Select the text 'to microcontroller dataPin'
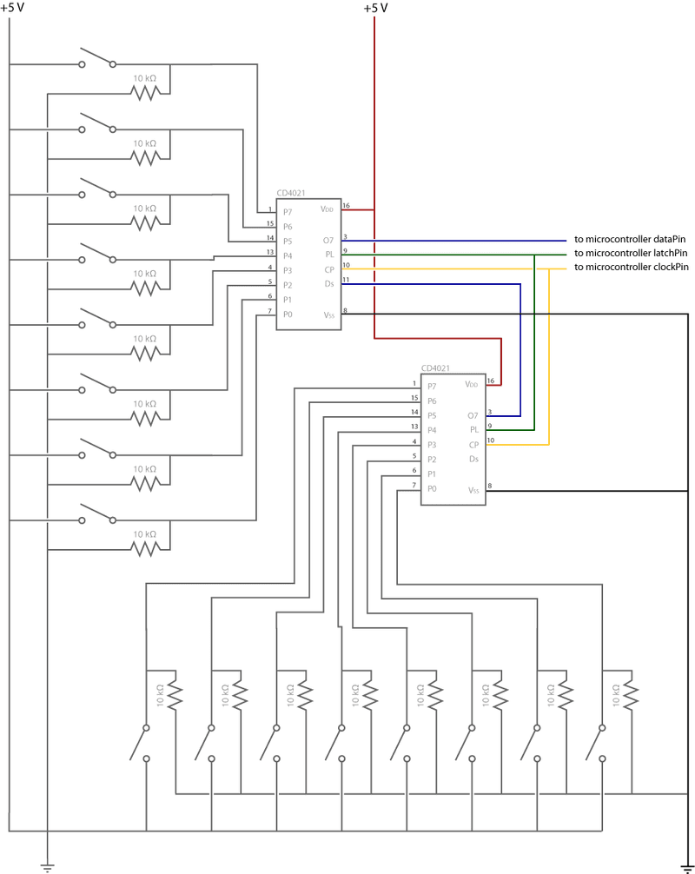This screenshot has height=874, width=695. [630, 239]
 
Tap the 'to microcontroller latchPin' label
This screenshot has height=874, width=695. [631, 253]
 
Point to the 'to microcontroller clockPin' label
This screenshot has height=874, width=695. [632, 267]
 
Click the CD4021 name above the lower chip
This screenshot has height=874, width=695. [435, 368]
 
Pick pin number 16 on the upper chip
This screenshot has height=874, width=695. [346, 206]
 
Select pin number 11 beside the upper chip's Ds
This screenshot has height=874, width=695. [346, 280]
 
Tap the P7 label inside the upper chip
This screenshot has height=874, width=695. [288, 212]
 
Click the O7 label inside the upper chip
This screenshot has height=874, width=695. [328, 241]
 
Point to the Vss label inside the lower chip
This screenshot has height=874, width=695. [473, 491]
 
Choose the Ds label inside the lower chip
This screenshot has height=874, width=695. [473, 459]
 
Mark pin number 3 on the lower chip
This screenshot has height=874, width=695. [490, 412]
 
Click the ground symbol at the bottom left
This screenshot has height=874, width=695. [48, 865]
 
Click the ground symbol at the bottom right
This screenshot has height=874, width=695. [687, 865]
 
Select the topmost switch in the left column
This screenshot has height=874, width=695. [96, 58]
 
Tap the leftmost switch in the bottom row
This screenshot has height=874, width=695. [138, 739]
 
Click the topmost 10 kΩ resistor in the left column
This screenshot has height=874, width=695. [145, 91]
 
